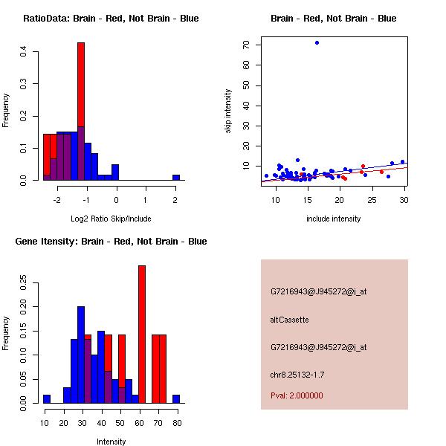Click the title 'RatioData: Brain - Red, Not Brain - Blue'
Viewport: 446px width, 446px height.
(111, 19)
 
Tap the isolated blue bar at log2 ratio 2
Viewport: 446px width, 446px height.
(176, 178)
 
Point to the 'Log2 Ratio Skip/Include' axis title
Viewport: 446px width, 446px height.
(110, 218)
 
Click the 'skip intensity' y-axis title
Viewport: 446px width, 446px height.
(229, 111)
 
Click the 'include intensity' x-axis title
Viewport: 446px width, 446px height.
(334, 219)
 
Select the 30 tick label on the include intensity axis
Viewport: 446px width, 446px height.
(404, 200)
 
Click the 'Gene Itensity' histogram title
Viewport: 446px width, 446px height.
(111, 242)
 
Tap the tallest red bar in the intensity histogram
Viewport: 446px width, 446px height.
(142, 334)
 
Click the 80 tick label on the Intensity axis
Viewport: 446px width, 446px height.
(177, 423)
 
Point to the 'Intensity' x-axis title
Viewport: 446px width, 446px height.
(111, 442)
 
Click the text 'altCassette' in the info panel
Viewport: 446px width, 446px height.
(290, 320)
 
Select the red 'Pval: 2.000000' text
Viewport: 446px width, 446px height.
(297, 395)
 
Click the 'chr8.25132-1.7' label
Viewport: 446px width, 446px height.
(297, 374)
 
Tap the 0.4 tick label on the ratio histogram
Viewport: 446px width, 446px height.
(24, 51)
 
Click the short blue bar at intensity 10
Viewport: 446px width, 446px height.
(47, 399)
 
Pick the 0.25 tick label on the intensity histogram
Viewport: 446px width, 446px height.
(24, 283)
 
